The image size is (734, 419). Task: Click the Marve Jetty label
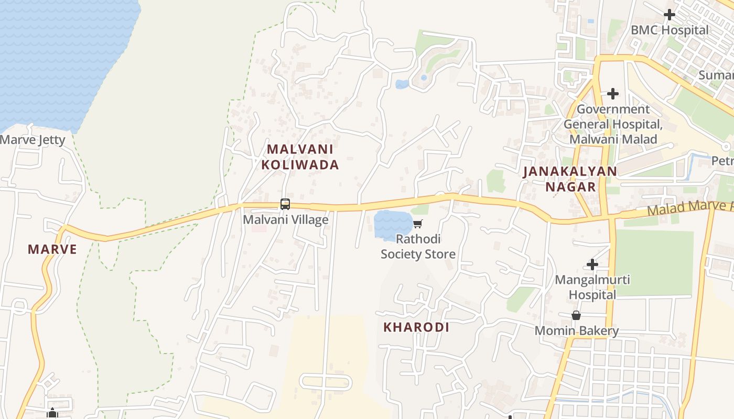(33, 140)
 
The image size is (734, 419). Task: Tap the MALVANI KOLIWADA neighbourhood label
(300, 157)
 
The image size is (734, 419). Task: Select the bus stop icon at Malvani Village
(285, 204)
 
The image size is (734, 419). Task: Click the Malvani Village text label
(286, 219)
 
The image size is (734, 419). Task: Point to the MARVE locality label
(52, 249)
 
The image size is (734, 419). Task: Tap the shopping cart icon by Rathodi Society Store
(417, 224)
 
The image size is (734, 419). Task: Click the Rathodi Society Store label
(418, 247)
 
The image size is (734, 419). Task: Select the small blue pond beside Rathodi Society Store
(392, 225)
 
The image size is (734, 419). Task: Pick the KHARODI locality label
(416, 327)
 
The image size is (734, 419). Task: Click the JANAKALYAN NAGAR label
(570, 179)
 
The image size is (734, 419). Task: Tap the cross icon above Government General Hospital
(612, 94)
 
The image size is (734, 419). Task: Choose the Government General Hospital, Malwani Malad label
(613, 124)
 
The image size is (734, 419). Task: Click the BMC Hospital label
(670, 30)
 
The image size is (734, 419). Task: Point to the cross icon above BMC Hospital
(670, 15)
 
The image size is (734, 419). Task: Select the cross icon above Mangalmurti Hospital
(592, 264)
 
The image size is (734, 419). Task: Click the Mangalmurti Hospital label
(592, 287)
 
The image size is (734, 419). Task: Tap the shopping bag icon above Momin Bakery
(576, 315)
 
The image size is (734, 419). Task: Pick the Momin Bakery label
(577, 331)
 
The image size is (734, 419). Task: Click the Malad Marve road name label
(689, 208)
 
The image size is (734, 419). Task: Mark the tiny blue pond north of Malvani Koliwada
(402, 84)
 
